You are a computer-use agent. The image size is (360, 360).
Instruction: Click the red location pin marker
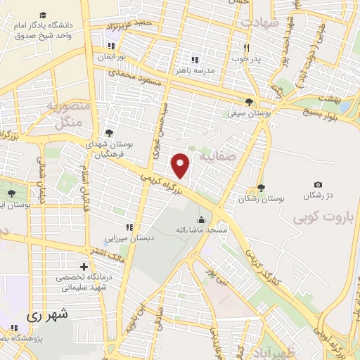point(181,165)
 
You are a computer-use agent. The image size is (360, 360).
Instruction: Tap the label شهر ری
point(49,316)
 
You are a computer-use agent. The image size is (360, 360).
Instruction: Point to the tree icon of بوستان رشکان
point(262,186)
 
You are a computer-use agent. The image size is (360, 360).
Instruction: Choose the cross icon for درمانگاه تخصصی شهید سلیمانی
point(84,267)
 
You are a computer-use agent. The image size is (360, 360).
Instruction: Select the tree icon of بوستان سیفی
point(249,102)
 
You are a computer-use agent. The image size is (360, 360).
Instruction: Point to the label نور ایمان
point(110,56)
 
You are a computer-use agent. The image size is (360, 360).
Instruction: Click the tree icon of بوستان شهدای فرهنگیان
point(108,131)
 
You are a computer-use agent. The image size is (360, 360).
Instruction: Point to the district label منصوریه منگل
point(68,114)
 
